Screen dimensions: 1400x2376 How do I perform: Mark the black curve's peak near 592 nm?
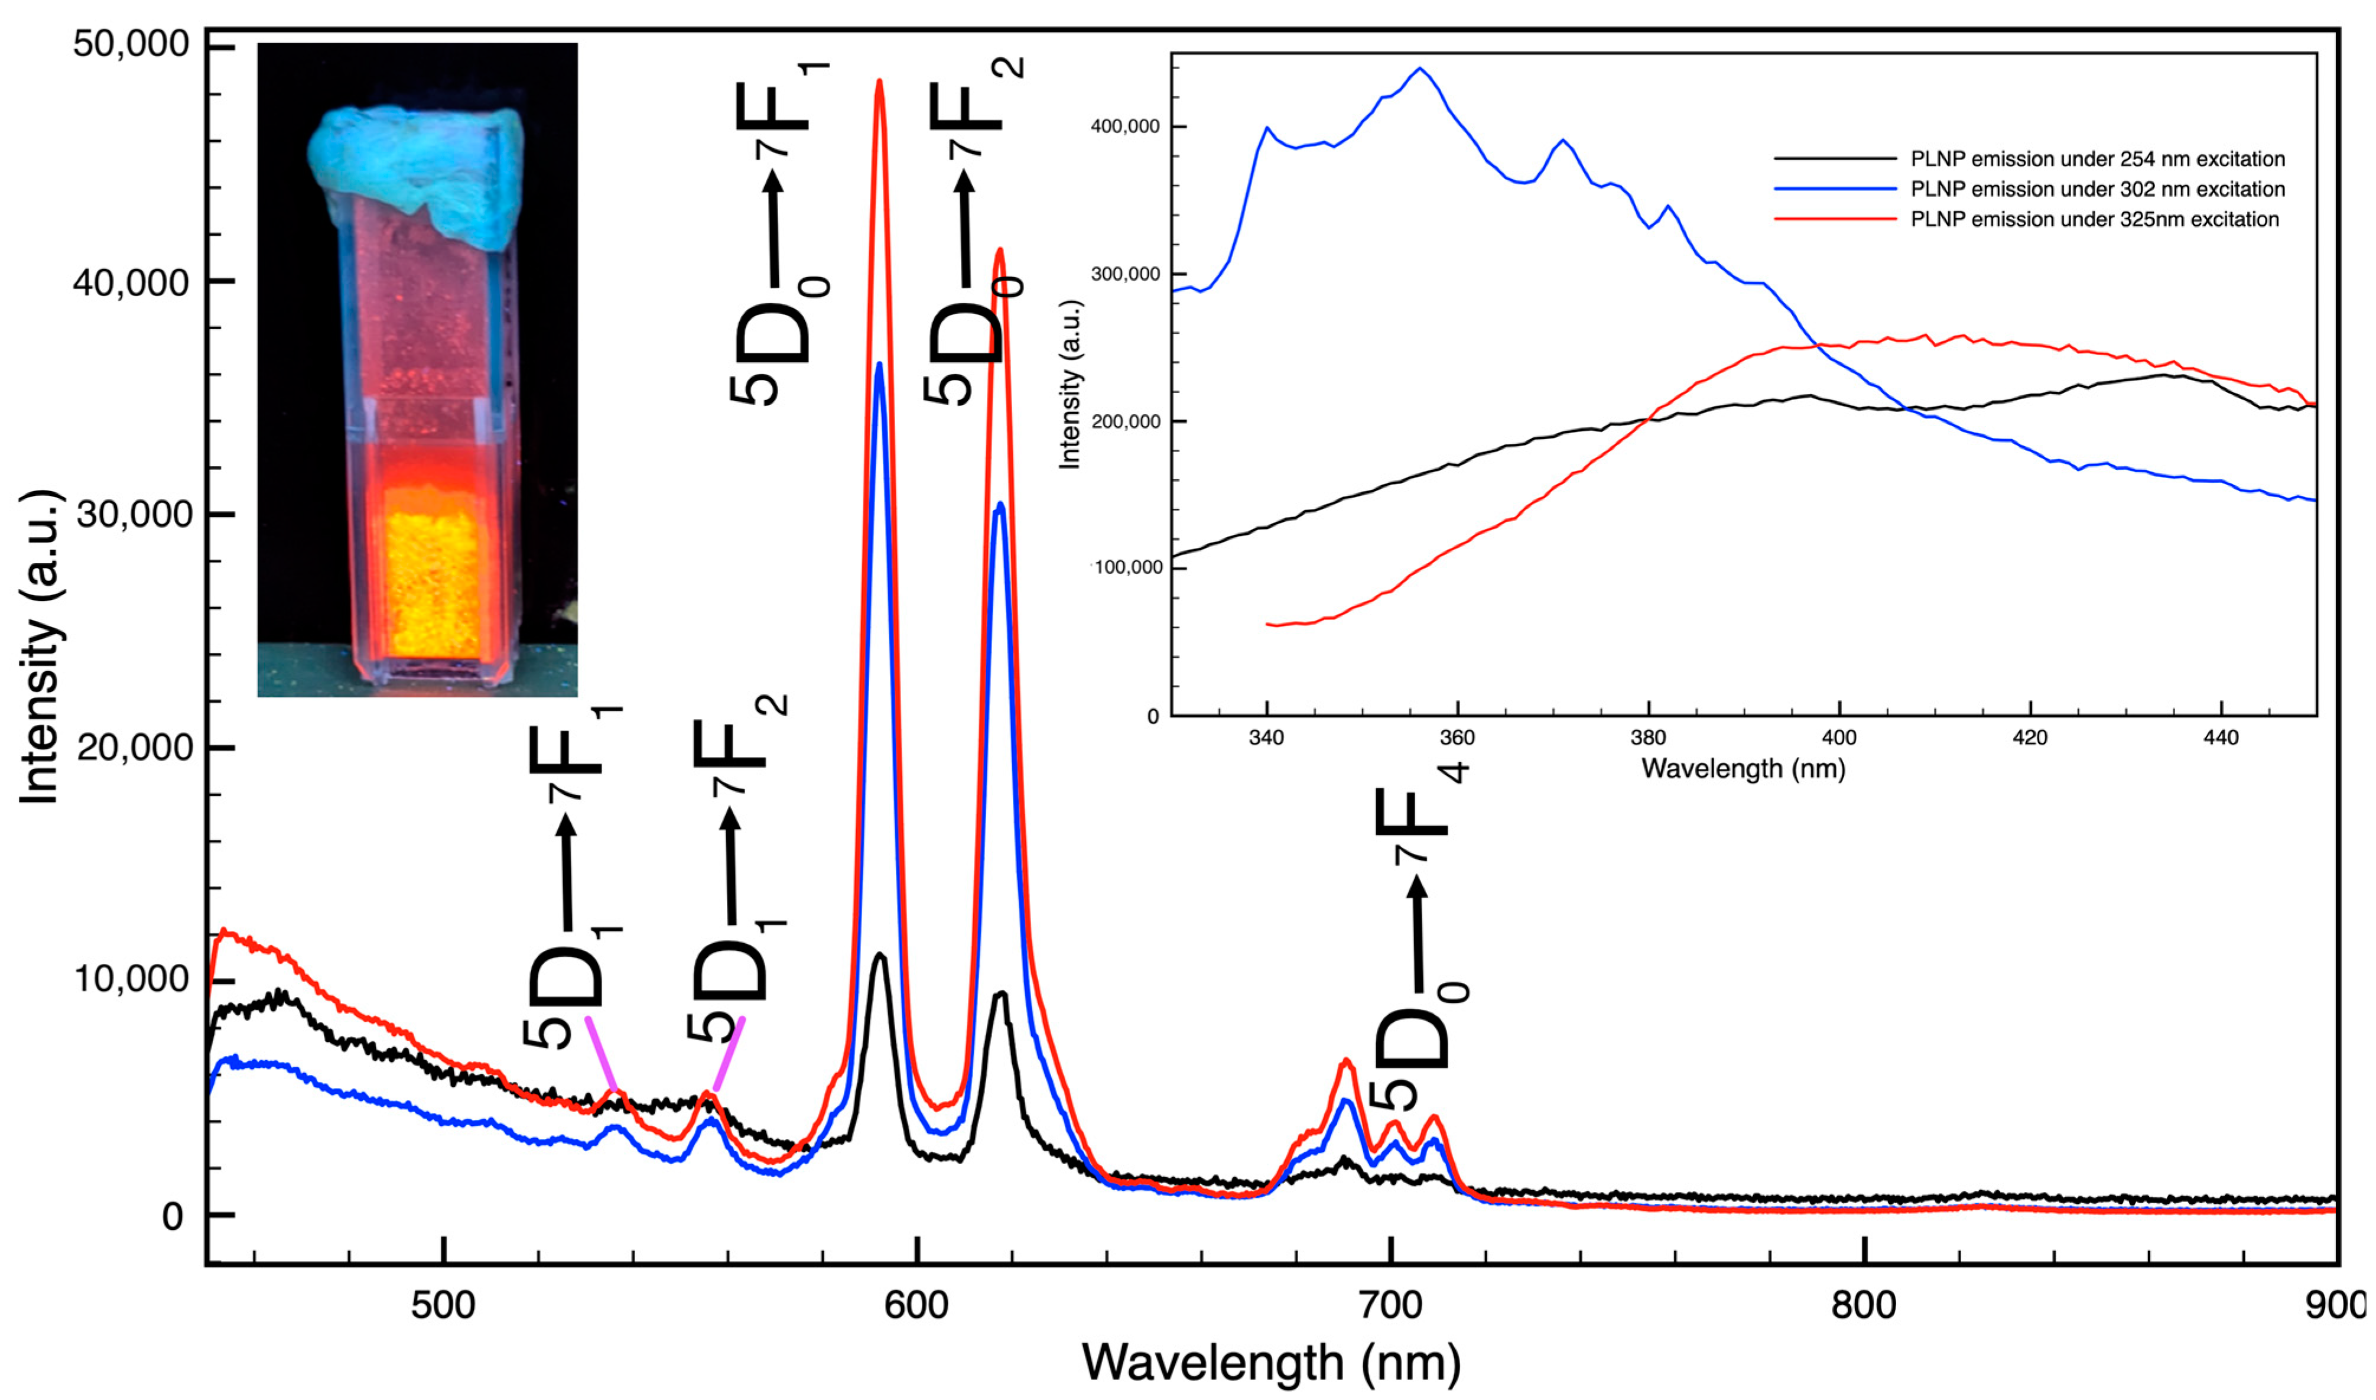[880, 956]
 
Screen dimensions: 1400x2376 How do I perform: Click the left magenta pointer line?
[601, 1054]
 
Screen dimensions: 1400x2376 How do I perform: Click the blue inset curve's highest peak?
[1419, 69]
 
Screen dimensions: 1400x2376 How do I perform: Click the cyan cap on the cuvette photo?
[415, 170]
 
